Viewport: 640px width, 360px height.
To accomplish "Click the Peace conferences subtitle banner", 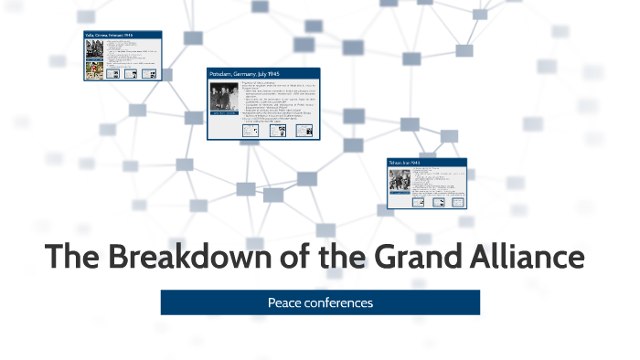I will click(320, 302).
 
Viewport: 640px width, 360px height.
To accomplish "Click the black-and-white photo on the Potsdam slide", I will click(224, 100).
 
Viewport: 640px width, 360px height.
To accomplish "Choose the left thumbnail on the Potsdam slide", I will click(250, 130).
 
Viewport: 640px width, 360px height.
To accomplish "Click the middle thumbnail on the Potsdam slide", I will click(280, 130).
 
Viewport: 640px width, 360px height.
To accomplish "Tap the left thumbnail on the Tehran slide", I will click(418, 201).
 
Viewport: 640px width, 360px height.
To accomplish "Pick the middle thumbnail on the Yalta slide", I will click(131, 74).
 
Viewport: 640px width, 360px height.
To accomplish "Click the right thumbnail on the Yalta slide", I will click(149, 74).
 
